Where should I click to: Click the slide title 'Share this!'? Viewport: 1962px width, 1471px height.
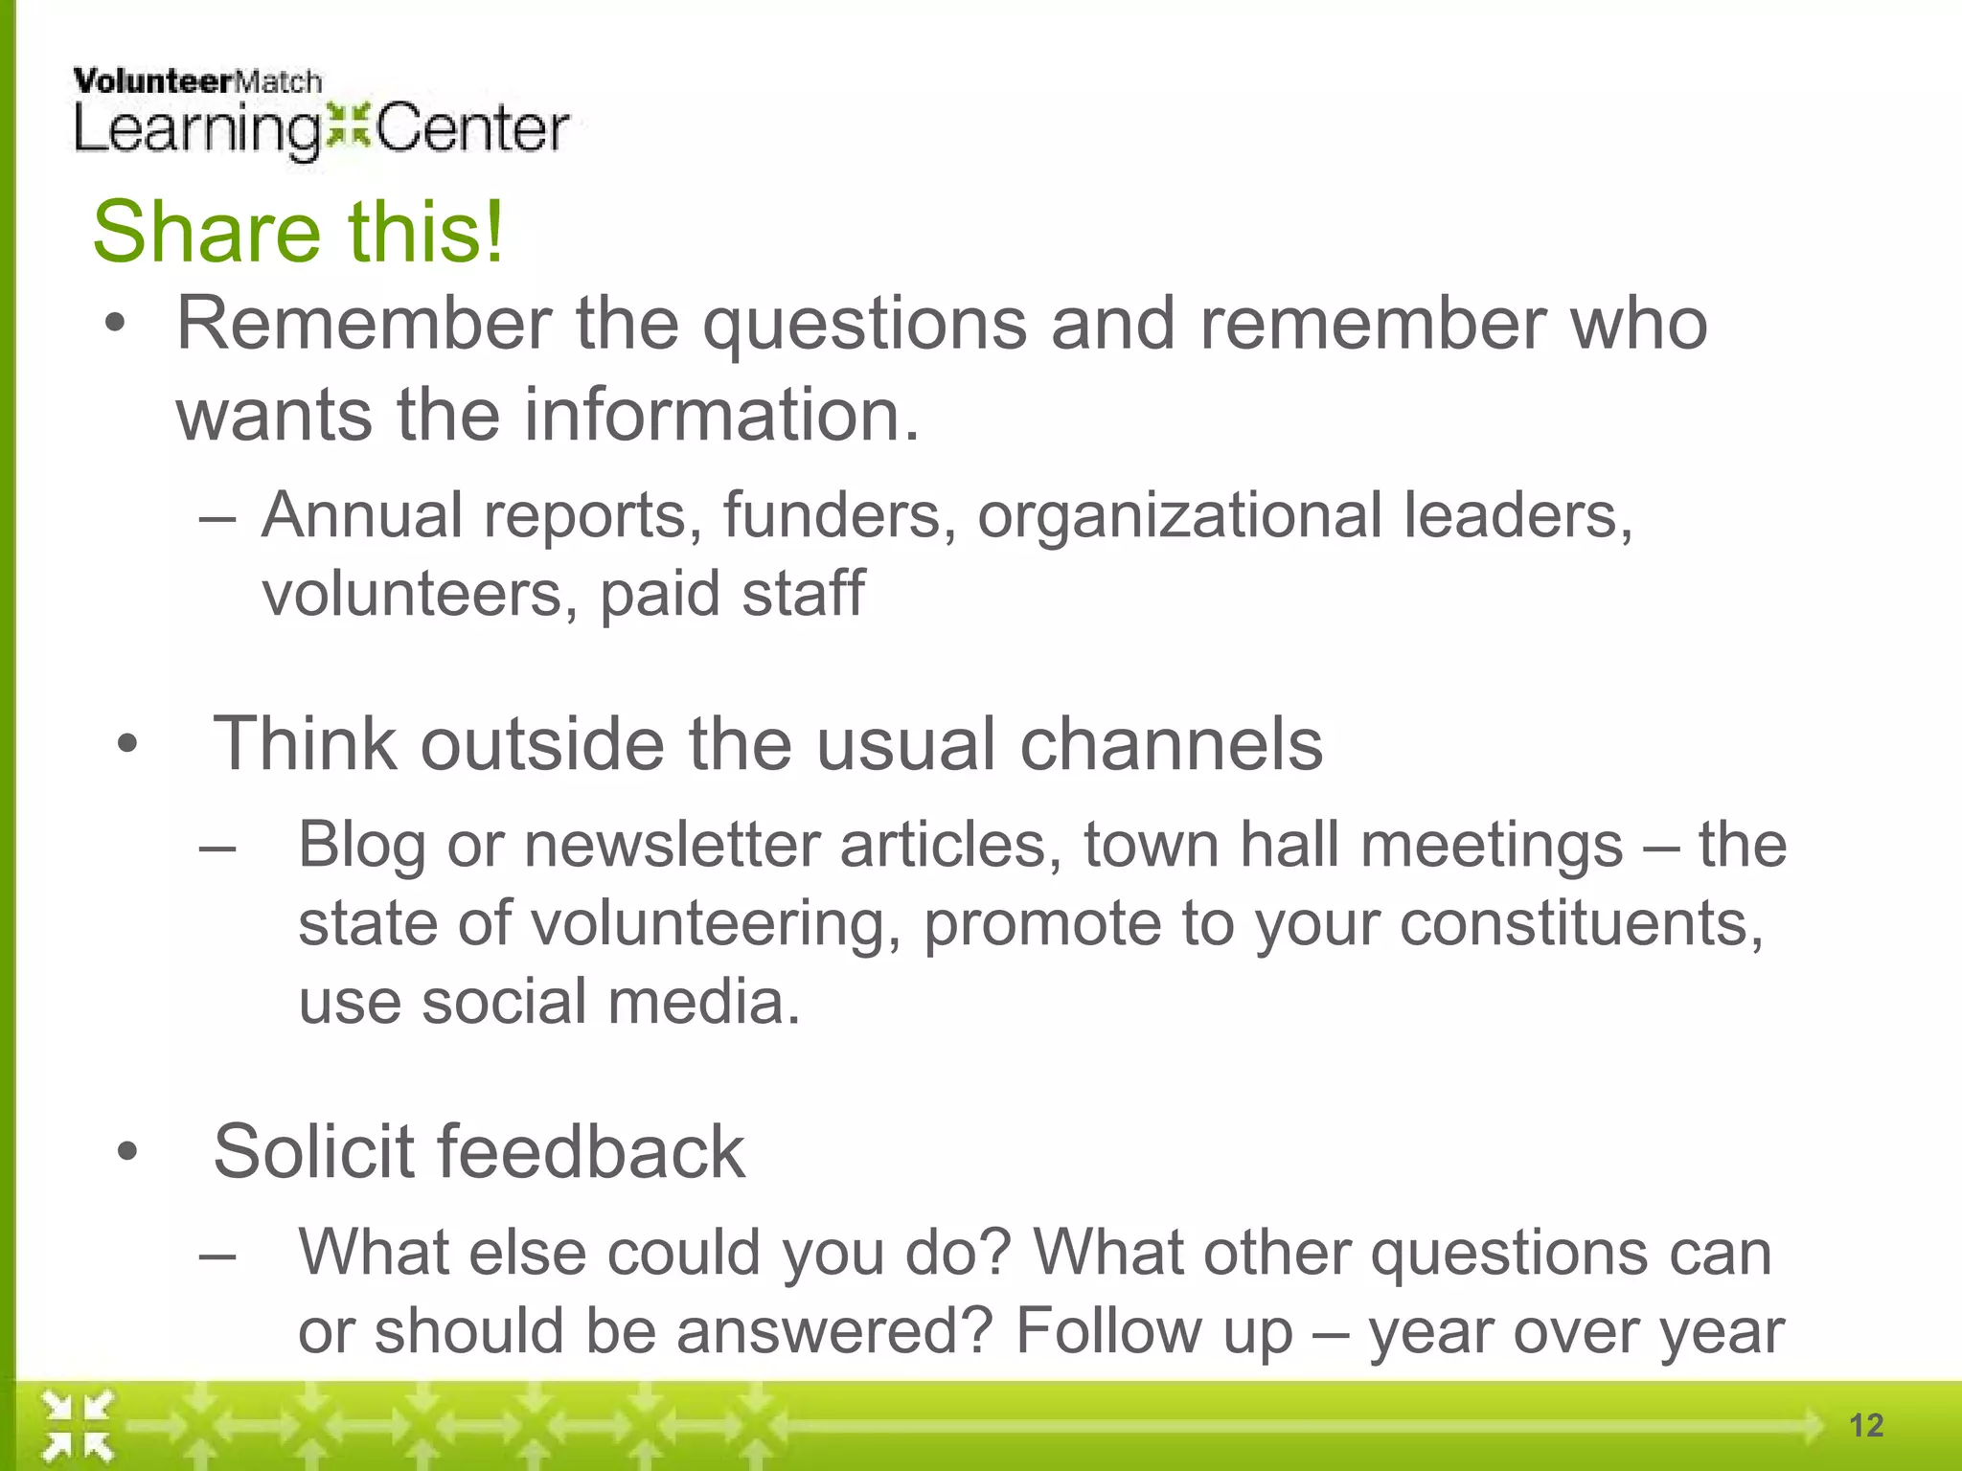[298, 232]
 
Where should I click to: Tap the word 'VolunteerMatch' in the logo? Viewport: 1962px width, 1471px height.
[197, 82]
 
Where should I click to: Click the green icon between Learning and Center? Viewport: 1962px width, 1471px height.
[348, 127]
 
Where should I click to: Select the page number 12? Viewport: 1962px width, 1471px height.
[1866, 1425]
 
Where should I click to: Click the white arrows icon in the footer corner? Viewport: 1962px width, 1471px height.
[78, 1426]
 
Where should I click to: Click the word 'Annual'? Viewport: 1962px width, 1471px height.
[362, 515]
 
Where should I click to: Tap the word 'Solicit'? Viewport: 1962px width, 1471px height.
[313, 1151]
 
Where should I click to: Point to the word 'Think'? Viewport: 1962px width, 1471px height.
[304, 744]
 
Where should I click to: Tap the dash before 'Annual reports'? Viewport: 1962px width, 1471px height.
[217, 518]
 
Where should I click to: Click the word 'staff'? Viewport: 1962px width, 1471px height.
[803, 594]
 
